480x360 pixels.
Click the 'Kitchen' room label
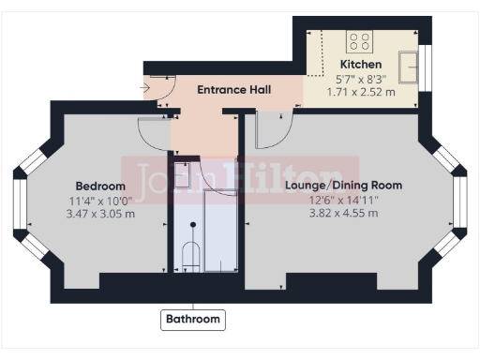pos(360,65)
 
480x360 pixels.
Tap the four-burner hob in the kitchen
pos(359,40)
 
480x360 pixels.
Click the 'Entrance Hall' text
pos(233,90)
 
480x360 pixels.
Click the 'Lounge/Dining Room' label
pos(343,186)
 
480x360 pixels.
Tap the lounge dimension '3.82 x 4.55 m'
pos(343,213)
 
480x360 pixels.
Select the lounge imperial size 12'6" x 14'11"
pos(343,200)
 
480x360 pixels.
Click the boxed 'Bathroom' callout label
pos(193,320)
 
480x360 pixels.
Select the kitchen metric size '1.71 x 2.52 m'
pos(360,92)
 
